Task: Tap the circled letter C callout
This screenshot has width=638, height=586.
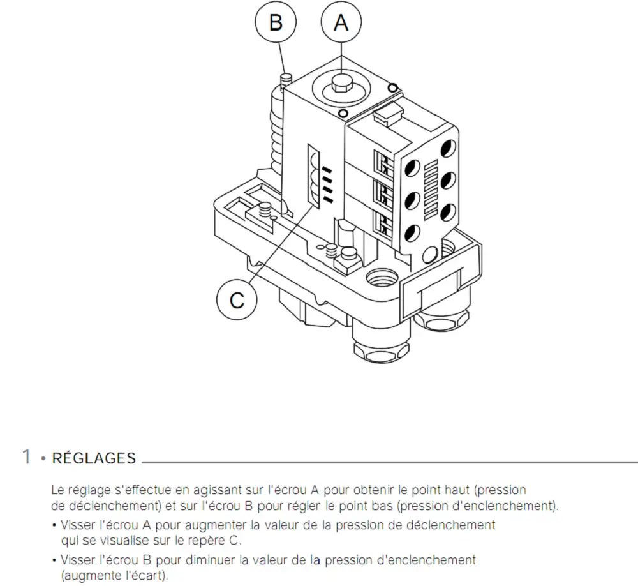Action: pyautogui.click(x=237, y=301)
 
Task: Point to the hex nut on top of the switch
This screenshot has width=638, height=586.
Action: pyautogui.click(x=341, y=84)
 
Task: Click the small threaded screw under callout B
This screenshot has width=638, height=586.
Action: pyautogui.click(x=286, y=79)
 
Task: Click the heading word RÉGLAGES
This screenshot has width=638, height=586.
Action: pyautogui.click(x=94, y=458)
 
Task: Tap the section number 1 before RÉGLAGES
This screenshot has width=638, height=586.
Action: pyautogui.click(x=26, y=457)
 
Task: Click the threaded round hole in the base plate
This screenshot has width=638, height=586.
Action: pyautogui.click(x=382, y=278)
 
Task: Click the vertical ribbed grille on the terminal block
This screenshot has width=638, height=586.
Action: pyautogui.click(x=431, y=190)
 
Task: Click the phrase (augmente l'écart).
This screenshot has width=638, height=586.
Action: pyautogui.click(x=114, y=576)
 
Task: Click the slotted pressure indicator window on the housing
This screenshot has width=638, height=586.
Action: pyautogui.click(x=314, y=176)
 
